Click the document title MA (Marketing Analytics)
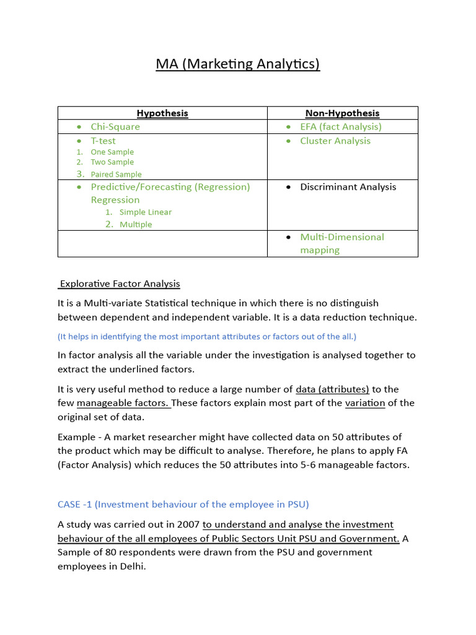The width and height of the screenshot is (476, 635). coord(237,64)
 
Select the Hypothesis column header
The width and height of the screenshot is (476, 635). coord(162,113)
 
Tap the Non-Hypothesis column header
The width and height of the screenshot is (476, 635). coord(342,113)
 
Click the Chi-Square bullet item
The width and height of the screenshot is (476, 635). coord(115,127)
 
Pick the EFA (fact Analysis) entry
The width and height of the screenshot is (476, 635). coord(341,127)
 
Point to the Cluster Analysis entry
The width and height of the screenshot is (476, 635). coord(335,141)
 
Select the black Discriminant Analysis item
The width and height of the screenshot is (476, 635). coord(348,187)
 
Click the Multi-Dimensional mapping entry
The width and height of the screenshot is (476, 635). coord(342,243)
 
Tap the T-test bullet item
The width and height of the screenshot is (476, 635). coord(103,141)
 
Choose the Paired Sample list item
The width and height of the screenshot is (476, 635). coord(116,174)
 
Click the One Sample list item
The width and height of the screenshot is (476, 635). coord(112,152)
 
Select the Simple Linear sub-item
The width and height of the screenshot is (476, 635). coord(146,212)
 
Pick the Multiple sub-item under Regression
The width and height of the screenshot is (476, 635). coord(136,224)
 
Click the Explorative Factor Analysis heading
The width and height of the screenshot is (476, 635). coord(119,284)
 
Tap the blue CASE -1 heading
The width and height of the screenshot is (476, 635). coord(183,503)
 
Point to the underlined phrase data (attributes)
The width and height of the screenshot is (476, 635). coord(332,389)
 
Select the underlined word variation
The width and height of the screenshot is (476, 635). coord(365,403)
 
